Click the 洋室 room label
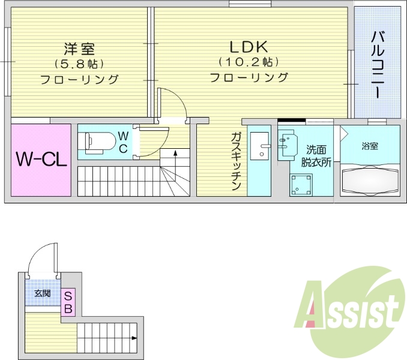[x=79, y=49]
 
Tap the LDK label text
[x=249, y=47]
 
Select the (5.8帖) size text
[x=79, y=64]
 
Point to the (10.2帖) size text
[x=249, y=62]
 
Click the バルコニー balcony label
[x=378, y=65]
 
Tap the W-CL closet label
[x=41, y=159]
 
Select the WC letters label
[x=123, y=142]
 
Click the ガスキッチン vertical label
[x=236, y=161]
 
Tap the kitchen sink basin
[x=259, y=146]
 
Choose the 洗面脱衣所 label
[x=316, y=156]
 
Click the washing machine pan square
[x=301, y=185]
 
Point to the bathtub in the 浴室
[x=370, y=179]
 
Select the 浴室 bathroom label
[x=370, y=146]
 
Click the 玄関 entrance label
[x=43, y=293]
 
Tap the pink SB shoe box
[x=68, y=302]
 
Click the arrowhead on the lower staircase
[x=134, y=338]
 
